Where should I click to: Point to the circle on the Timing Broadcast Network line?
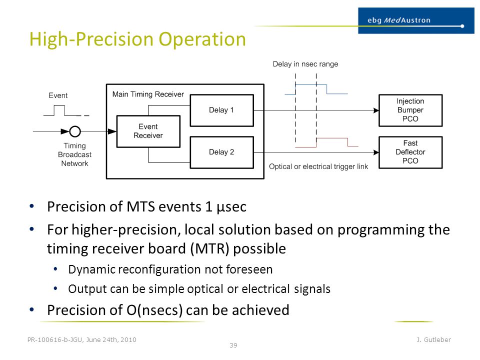75,126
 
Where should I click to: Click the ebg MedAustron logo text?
399,20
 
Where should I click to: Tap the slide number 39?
233,345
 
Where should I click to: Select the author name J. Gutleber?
433,339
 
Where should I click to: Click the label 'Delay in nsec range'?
305,64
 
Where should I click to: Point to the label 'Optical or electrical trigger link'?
318,166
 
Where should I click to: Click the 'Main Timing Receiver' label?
148,94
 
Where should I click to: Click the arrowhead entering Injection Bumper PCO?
376,110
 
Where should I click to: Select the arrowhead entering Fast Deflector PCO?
376,152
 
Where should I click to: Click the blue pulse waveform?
316,85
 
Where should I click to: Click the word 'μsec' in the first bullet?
231,207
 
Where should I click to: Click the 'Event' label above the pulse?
58,95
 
